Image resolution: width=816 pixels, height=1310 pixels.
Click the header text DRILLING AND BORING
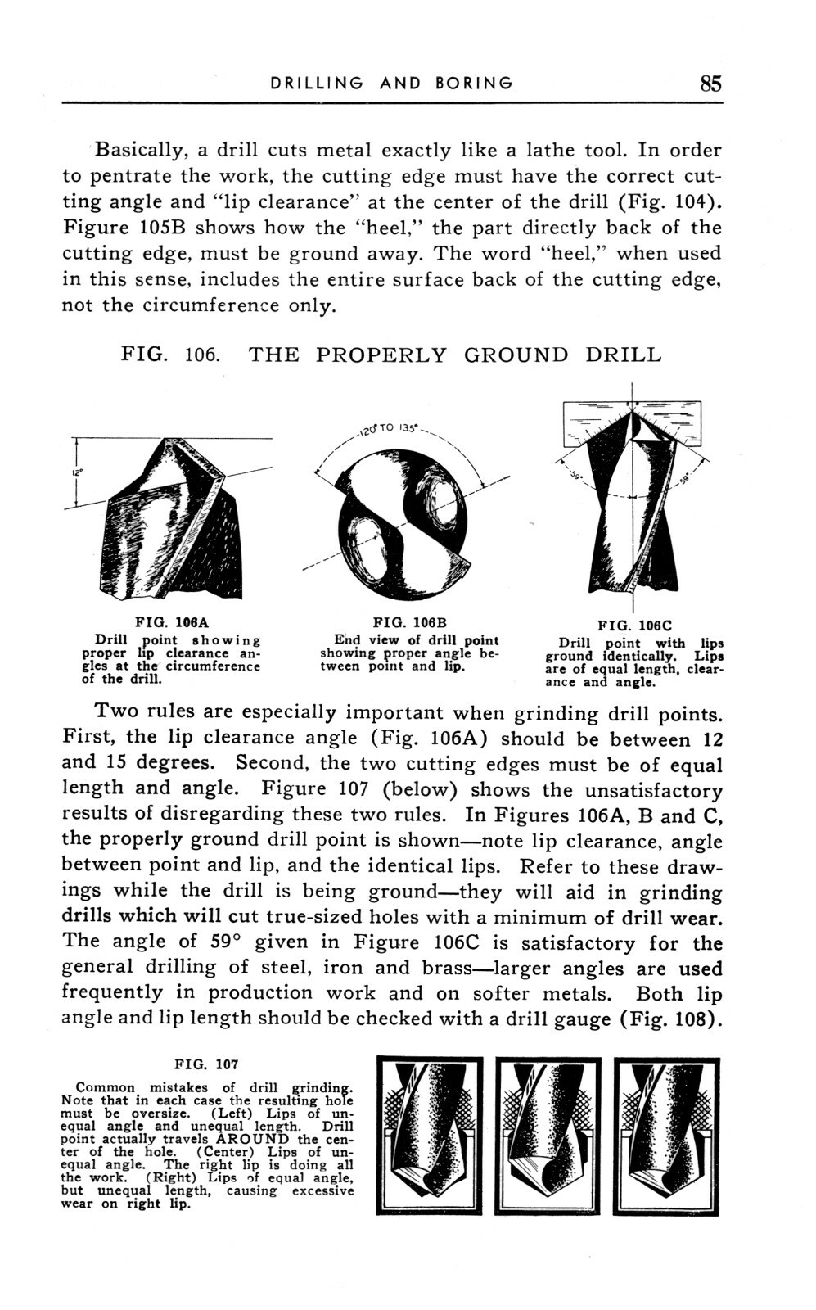[x=392, y=83]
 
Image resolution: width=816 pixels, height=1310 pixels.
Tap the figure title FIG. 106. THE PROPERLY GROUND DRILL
[x=390, y=355]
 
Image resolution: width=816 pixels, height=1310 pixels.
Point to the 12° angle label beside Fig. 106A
[x=68, y=474]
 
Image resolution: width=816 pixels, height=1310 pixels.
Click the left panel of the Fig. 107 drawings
[x=430, y=1136]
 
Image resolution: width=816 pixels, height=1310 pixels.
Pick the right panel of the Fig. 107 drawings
[x=665, y=1136]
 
